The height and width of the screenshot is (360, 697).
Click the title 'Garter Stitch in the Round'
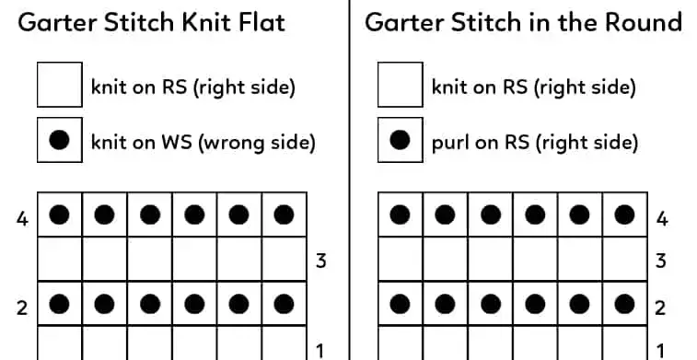coord(523,22)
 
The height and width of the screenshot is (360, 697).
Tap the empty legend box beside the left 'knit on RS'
coord(60,87)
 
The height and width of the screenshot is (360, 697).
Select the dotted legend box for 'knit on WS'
coord(60,141)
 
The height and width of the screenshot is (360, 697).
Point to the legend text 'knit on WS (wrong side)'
coord(203,142)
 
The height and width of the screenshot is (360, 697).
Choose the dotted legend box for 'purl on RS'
coord(401,141)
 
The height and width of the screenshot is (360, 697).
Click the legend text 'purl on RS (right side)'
coord(534,142)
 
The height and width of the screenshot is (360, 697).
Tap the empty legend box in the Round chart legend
coord(401,87)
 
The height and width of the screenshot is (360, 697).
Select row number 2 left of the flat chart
coord(21,307)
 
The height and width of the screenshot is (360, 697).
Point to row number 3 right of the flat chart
coord(320,261)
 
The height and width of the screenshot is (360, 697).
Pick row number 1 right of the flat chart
coord(320,350)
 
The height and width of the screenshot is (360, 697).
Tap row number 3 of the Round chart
coord(661,261)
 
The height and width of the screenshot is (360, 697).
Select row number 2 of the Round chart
coord(661,307)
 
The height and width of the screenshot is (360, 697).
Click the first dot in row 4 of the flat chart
coord(60,215)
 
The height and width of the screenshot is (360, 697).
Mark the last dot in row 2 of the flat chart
coord(285,305)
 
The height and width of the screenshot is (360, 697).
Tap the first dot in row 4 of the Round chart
coord(401,215)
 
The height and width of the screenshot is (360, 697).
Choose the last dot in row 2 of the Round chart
coord(625,305)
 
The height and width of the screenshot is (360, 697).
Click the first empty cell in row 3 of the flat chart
coord(60,261)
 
